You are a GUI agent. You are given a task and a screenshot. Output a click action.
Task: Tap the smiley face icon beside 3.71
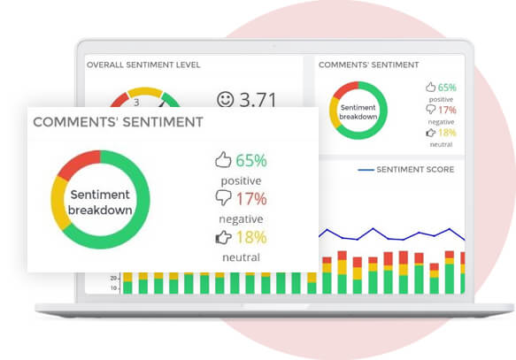coord(225,99)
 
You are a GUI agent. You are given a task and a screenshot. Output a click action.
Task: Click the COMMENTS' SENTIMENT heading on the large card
coord(118,122)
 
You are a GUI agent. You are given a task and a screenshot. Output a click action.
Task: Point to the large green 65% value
coord(250,160)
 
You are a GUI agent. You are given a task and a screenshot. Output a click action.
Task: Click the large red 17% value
coord(250,198)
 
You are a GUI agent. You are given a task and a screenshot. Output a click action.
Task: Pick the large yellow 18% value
coord(250,237)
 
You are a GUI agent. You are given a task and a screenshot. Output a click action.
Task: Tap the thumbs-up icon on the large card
coord(223,160)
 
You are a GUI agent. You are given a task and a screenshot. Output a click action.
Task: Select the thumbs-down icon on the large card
coord(223,198)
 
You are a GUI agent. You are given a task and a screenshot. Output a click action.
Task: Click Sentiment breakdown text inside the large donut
coord(101,202)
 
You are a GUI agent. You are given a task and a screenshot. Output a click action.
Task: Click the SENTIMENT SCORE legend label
coord(415,169)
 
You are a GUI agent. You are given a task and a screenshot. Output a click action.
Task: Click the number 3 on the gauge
coord(136,102)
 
